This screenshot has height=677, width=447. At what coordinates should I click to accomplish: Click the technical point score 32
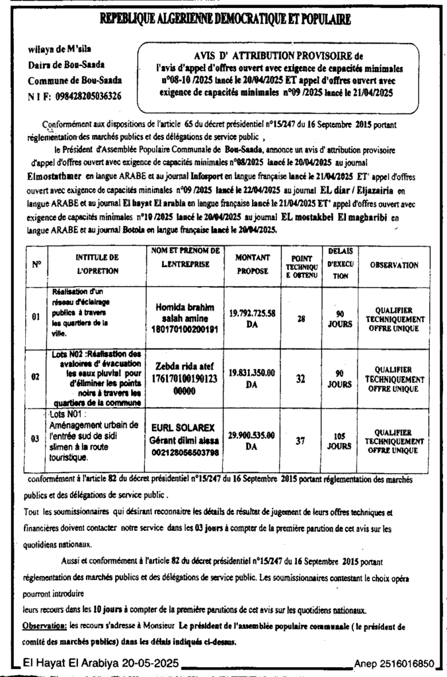click(x=301, y=379)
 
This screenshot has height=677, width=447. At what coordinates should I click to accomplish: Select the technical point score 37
click(x=301, y=440)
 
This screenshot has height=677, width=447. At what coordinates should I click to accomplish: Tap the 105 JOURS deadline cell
click(x=340, y=440)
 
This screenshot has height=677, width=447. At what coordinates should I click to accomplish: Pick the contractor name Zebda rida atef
click(x=185, y=363)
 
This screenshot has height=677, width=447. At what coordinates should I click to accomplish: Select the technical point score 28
click(x=301, y=318)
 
